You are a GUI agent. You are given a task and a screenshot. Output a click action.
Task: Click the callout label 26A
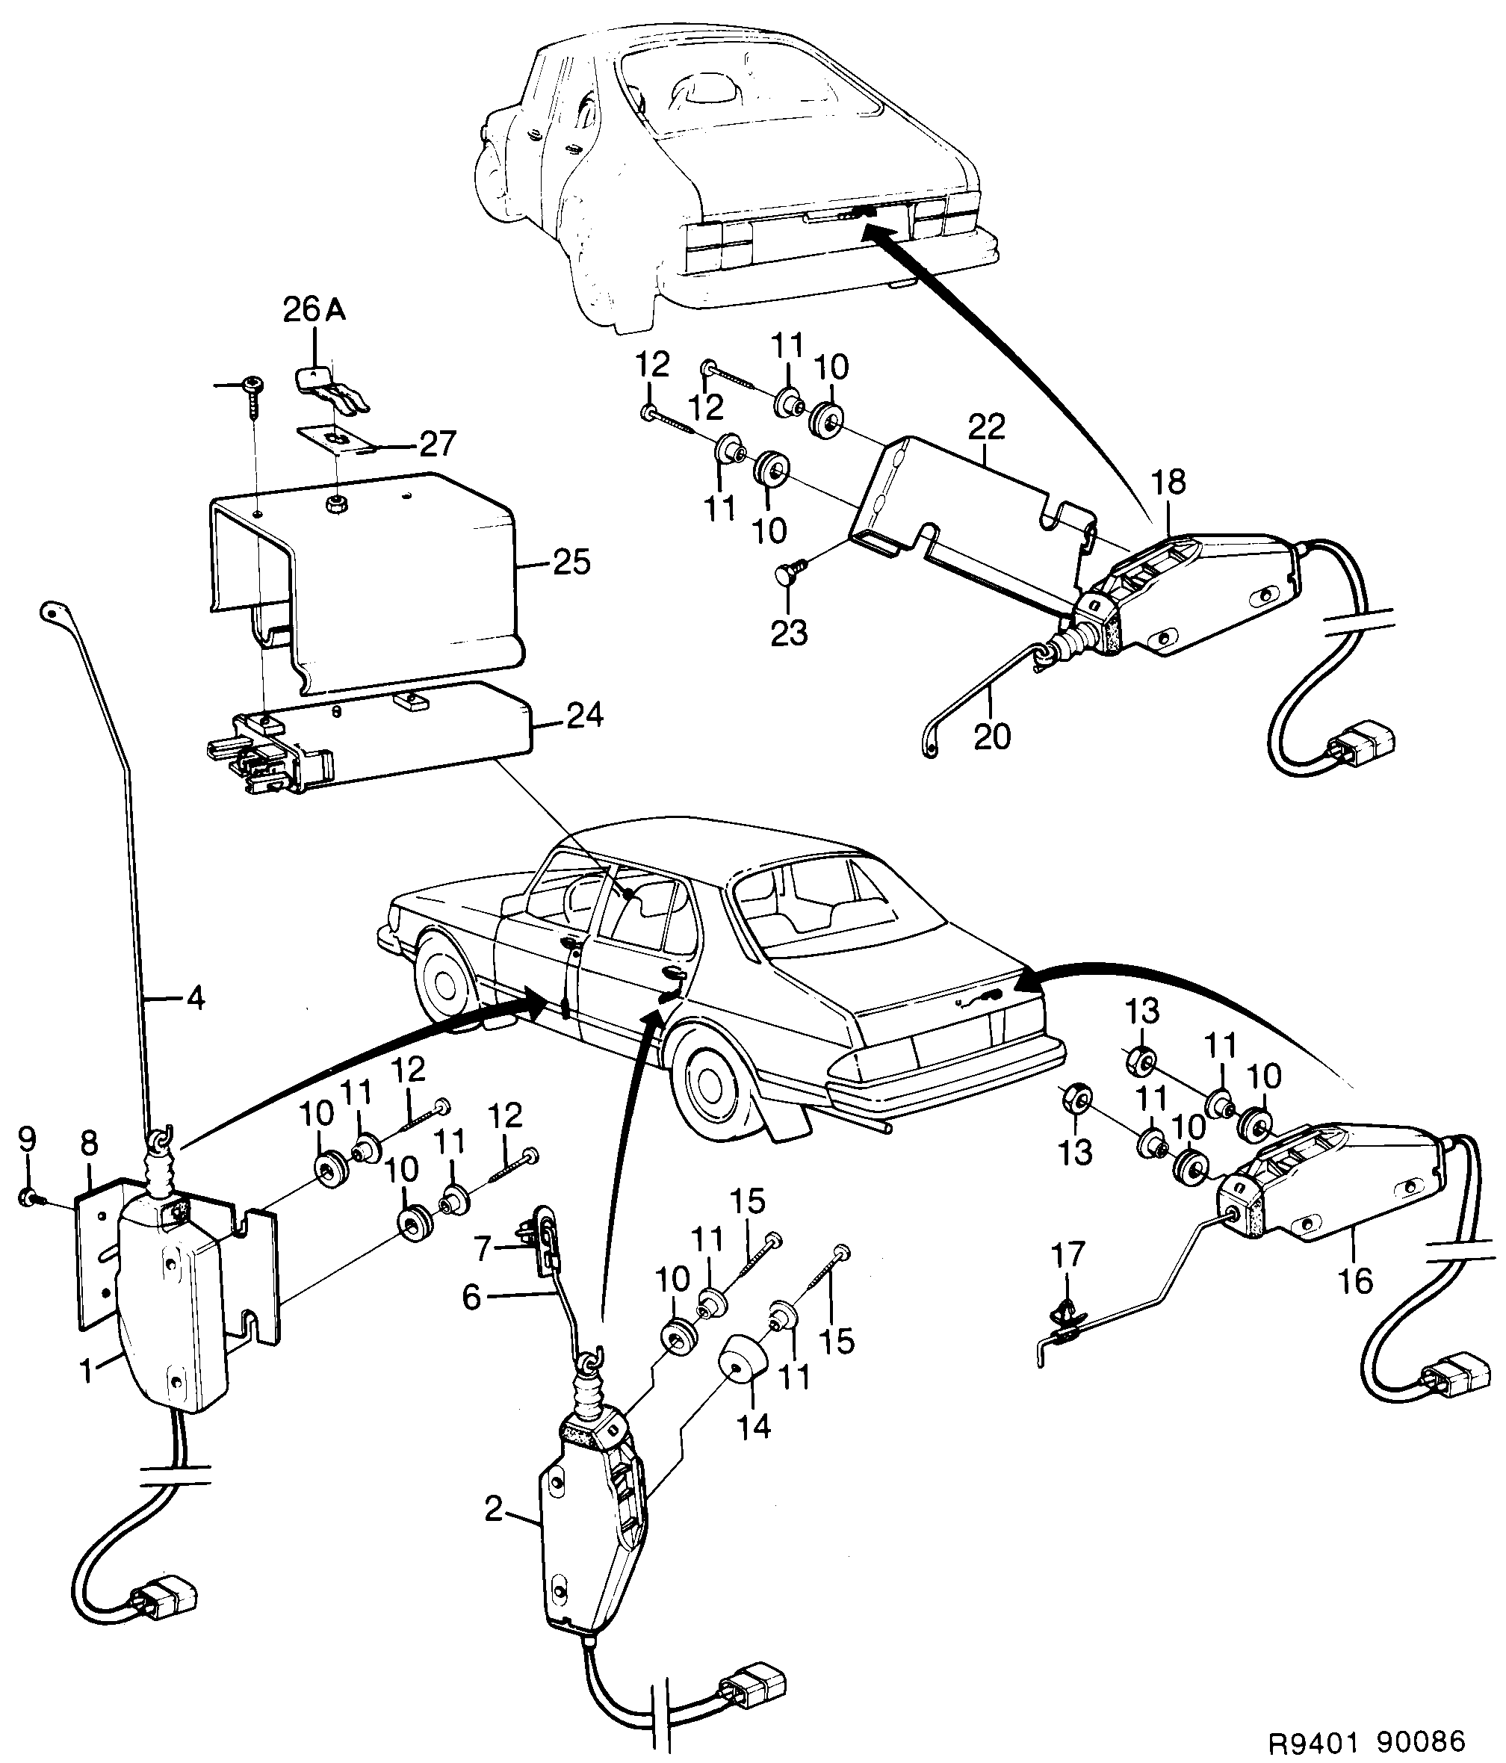[314, 311]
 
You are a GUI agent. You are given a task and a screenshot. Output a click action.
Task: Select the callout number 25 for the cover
[571, 563]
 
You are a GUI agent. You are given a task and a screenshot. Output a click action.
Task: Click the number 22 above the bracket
[985, 427]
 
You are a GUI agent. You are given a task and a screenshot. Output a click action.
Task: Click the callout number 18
[1168, 483]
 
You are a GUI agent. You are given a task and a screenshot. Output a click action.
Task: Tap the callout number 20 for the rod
[991, 735]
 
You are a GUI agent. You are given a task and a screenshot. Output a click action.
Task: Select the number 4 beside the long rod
[195, 997]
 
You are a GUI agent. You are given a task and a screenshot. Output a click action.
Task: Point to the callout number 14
[754, 1426]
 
